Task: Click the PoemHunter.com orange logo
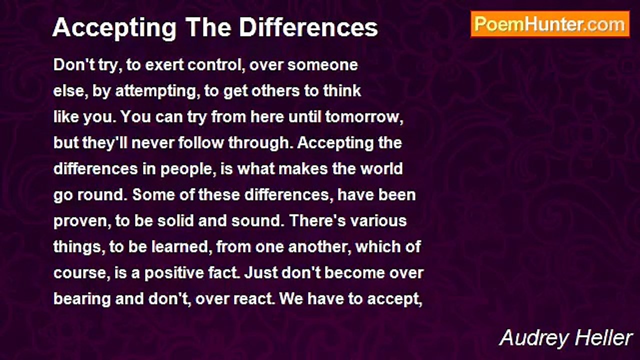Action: pos(550,24)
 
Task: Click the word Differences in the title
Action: pos(308,27)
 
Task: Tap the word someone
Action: pos(322,65)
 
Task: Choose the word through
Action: pos(258,143)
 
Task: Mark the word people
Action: pos(186,169)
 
